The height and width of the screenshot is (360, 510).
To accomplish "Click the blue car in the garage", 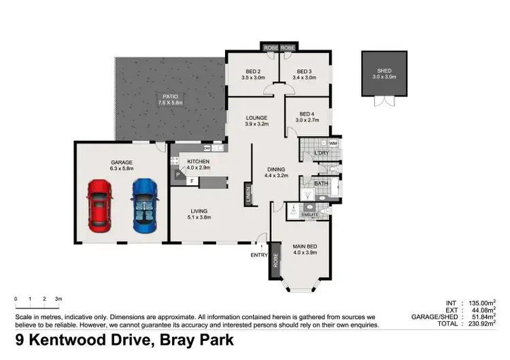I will point(143,206).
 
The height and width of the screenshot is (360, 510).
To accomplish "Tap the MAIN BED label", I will point(304,246).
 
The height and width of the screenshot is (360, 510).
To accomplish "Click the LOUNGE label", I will point(257,118).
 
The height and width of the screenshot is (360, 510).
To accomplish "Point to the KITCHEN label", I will point(188,161).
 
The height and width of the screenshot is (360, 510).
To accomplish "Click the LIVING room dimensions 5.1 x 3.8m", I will point(199,218).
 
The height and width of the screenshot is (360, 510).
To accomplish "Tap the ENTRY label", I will point(258,255).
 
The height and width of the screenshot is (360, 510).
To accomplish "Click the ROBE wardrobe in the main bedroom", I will point(275,260).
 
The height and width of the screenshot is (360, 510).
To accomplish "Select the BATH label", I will point(321,184).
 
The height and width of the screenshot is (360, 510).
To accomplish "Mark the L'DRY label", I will point(322,152).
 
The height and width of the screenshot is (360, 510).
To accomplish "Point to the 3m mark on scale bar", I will point(58,299).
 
